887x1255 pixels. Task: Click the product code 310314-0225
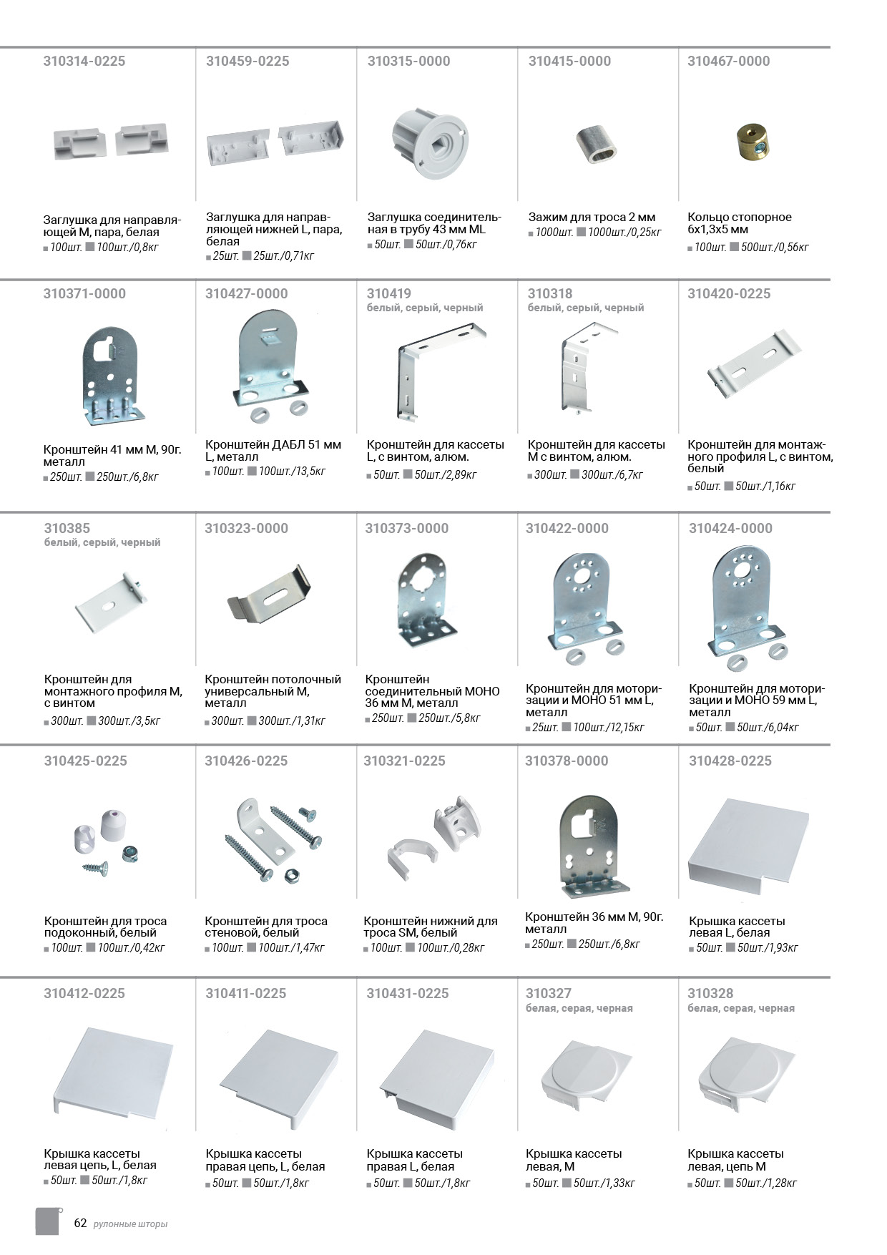pos(84,62)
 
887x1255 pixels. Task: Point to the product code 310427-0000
pos(247,294)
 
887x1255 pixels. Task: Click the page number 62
pos(80,1223)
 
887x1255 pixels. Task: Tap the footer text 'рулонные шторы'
pos(130,1224)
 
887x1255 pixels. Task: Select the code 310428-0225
pos(730,761)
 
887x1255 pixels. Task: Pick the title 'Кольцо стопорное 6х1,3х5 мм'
pos(740,223)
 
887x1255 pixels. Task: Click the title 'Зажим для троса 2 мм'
pos(592,217)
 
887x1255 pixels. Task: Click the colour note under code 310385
pos(102,542)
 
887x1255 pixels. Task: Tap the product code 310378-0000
pos(567,761)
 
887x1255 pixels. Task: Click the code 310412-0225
pos(84,994)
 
